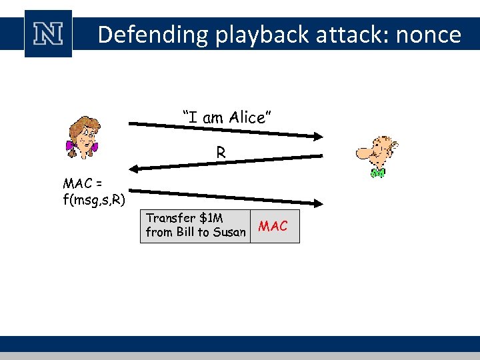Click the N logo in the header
coord(48,33)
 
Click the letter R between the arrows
coord(221,153)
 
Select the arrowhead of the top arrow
coord(317,136)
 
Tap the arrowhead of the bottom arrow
coord(317,203)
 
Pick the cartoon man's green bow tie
coord(377,173)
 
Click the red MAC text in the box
coord(273,227)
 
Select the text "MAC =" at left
coord(81,183)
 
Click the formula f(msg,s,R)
coord(94,198)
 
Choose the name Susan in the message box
coord(229,232)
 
